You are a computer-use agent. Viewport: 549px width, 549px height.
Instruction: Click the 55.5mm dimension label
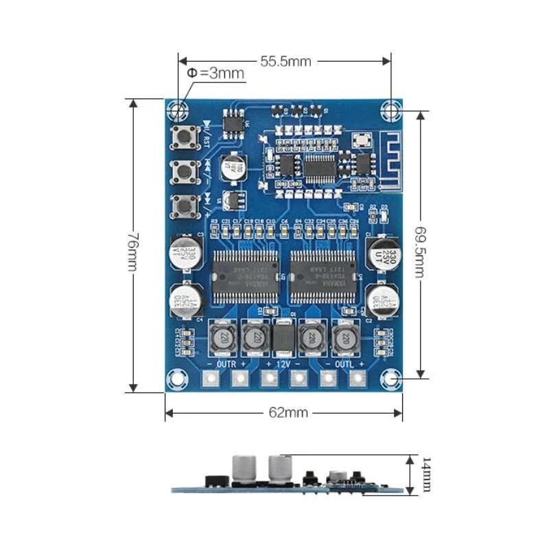tap(285, 61)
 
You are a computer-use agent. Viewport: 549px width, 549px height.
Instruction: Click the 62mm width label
tap(283, 412)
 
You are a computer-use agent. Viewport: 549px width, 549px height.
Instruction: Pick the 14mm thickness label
tap(426, 474)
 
